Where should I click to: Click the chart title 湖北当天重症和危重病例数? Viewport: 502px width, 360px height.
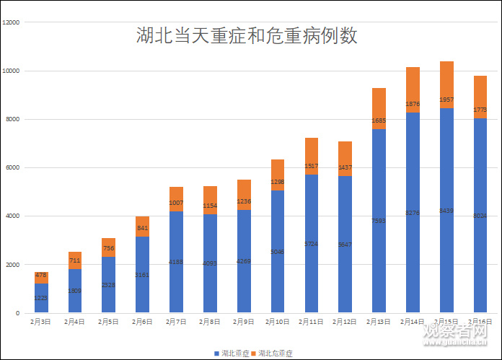pyautogui.click(x=247, y=36)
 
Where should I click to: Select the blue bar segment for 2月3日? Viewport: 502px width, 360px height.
pyautogui.click(x=42, y=298)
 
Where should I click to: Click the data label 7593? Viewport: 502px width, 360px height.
pyautogui.click(x=379, y=221)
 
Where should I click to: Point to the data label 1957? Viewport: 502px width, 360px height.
pyautogui.click(x=446, y=100)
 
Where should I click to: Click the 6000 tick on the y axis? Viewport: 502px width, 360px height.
pyautogui.click(x=14, y=168)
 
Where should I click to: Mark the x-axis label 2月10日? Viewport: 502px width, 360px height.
pyautogui.click(x=278, y=322)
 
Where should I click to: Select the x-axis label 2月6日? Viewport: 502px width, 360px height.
pyautogui.click(x=143, y=322)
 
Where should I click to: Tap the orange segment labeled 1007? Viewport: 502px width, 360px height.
pyautogui.click(x=177, y=199)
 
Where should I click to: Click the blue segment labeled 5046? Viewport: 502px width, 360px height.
pyautogui.click(x=278, y=252)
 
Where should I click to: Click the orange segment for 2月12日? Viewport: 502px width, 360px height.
pyautogui.click(x=345, y=159)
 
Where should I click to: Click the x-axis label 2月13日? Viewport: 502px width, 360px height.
pyautogui.click(x=379, y=322)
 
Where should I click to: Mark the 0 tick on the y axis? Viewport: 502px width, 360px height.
pyautogui.click(x=18, y=313)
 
